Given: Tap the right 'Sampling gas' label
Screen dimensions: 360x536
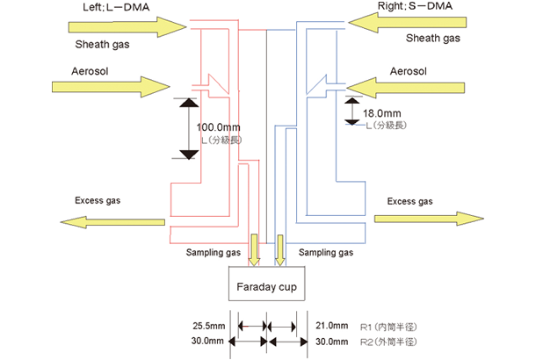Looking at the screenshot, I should pos(327,252).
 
